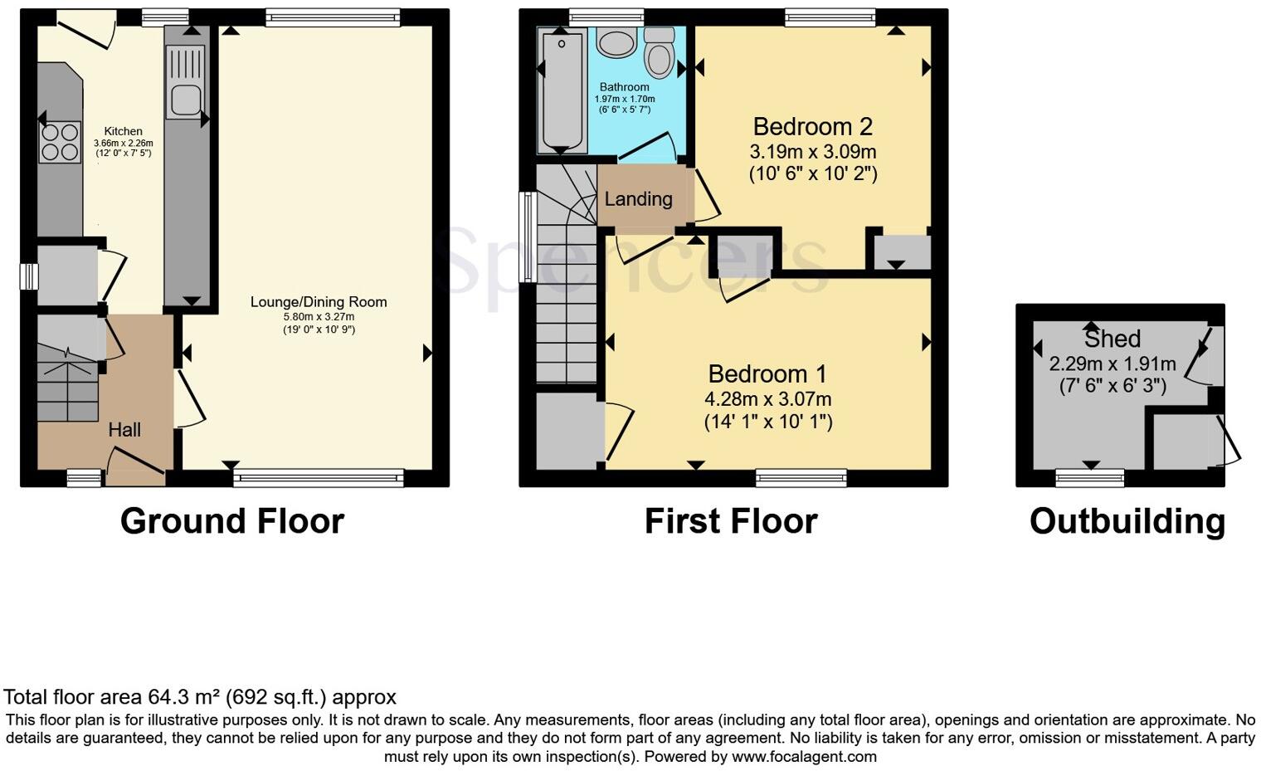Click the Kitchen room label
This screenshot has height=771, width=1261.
(123, 131)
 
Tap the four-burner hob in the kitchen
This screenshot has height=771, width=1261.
(59, 141)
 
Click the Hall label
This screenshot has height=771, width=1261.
(124, 430)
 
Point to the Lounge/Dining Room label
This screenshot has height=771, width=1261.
(319, 302)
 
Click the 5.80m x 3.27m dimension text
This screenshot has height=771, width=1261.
(319, 316)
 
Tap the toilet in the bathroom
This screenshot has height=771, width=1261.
(660, 53)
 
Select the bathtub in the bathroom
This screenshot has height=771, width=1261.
(561, 91)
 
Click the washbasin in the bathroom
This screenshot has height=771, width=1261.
(615, 43)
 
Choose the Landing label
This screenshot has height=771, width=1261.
(638, 199)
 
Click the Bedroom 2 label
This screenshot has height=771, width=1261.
(812, 127)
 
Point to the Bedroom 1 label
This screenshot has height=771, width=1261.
(767, 373)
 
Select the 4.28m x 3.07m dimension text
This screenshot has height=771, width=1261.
(767, 399)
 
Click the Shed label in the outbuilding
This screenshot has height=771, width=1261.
(1112, 339)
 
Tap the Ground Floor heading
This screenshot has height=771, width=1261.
(232, 521)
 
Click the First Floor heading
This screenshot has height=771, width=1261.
(731, 521)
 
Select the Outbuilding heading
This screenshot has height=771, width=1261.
(1127, 521)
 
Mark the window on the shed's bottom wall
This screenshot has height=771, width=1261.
(1090, 477)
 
